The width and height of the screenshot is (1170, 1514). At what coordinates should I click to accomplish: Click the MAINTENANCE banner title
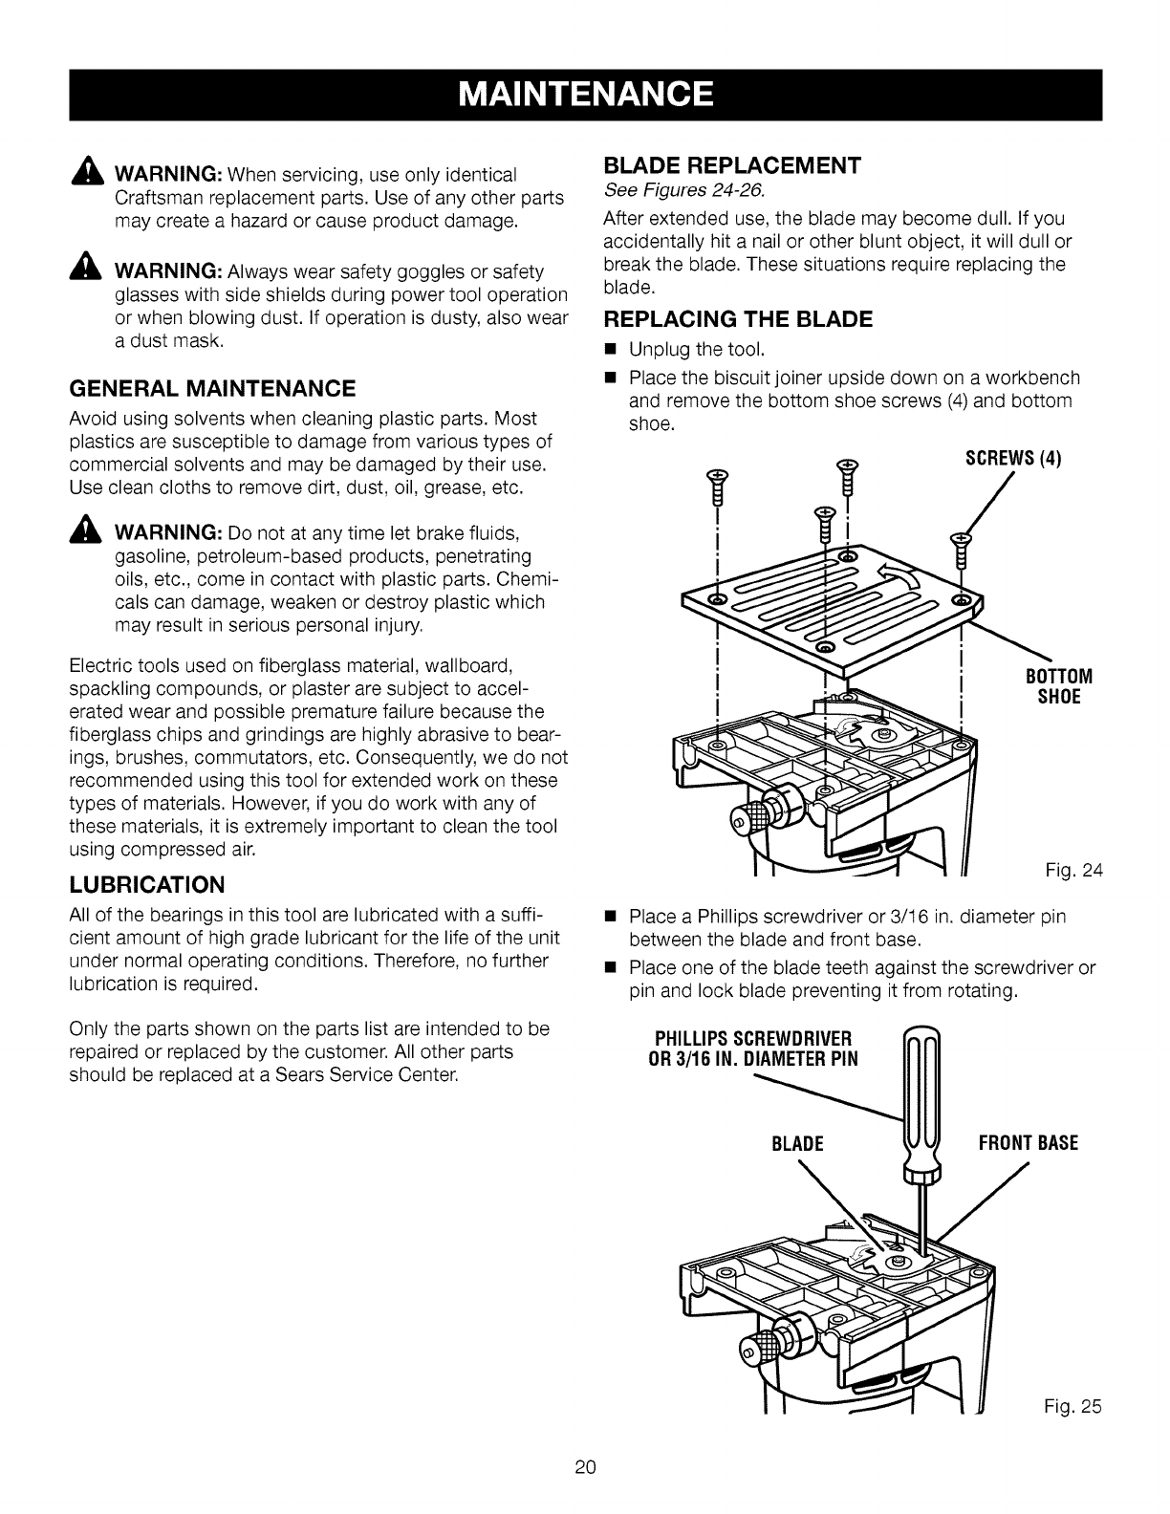pyautogui.click(x=585, y=95)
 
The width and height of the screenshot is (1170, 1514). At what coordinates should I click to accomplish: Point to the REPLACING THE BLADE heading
pyautogui.click(x=739, y=319)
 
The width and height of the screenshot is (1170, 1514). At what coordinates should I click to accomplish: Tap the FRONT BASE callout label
pyautogui.click(x=1028, y=1143)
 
